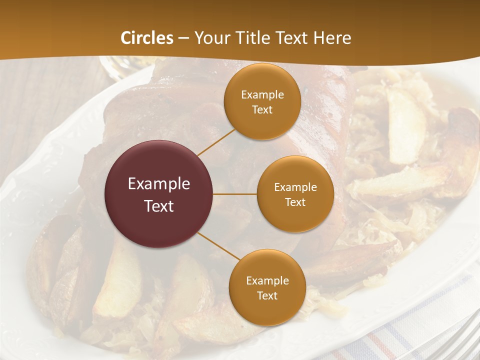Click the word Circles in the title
(x=147, y=38)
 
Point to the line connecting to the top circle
(x=216, y=141)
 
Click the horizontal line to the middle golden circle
(x=235, y=194)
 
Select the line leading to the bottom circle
(x=218, y=246)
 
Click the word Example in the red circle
(x=158, y=184)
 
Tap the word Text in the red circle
(x=158, y=206)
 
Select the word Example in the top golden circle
(x=262, y=95)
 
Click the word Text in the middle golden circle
(x=295, y=202)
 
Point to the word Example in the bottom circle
(x=267, y=281)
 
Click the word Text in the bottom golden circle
(x=267, y=296)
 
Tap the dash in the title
(x=183, y=38)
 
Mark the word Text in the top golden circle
(x=262, y=110)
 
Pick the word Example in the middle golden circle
(x=295, y=187)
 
